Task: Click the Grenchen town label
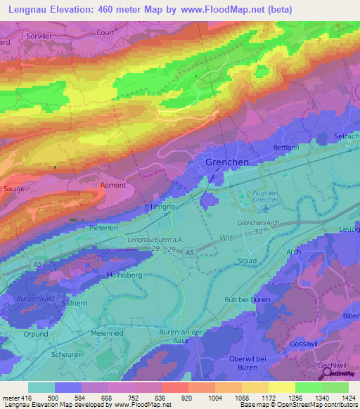point(227,162)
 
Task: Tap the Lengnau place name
point(165,207)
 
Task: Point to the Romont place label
point(113,186)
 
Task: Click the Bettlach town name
point(286,148)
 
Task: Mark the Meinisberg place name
point(124,275)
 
